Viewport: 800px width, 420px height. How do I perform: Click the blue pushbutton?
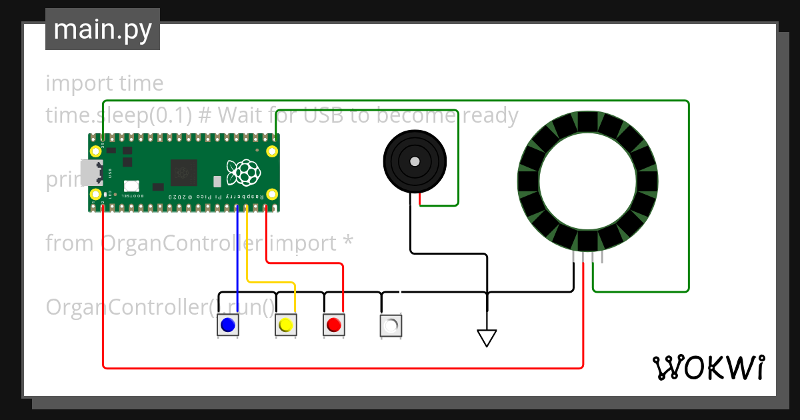click(x=228, y=325)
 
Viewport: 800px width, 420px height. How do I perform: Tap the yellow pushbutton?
click(x=286, y=325)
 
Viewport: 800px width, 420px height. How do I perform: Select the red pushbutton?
click(x=334, y=325)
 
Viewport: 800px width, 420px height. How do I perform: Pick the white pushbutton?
click(x=391, y=325)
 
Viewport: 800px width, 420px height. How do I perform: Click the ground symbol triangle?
click(x=487, y=338)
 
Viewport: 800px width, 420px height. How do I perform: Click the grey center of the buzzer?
click(x=415, y=162)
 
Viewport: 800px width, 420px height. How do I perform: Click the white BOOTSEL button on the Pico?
click(x=131, y=187)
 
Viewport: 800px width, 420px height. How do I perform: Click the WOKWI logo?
click(x=708, y=367)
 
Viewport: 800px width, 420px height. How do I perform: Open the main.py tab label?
click(x=103, y=30)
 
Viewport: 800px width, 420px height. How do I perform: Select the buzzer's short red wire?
click(x=419, y=198)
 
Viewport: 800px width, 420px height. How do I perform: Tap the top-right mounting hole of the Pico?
click(x=272, y=151)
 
